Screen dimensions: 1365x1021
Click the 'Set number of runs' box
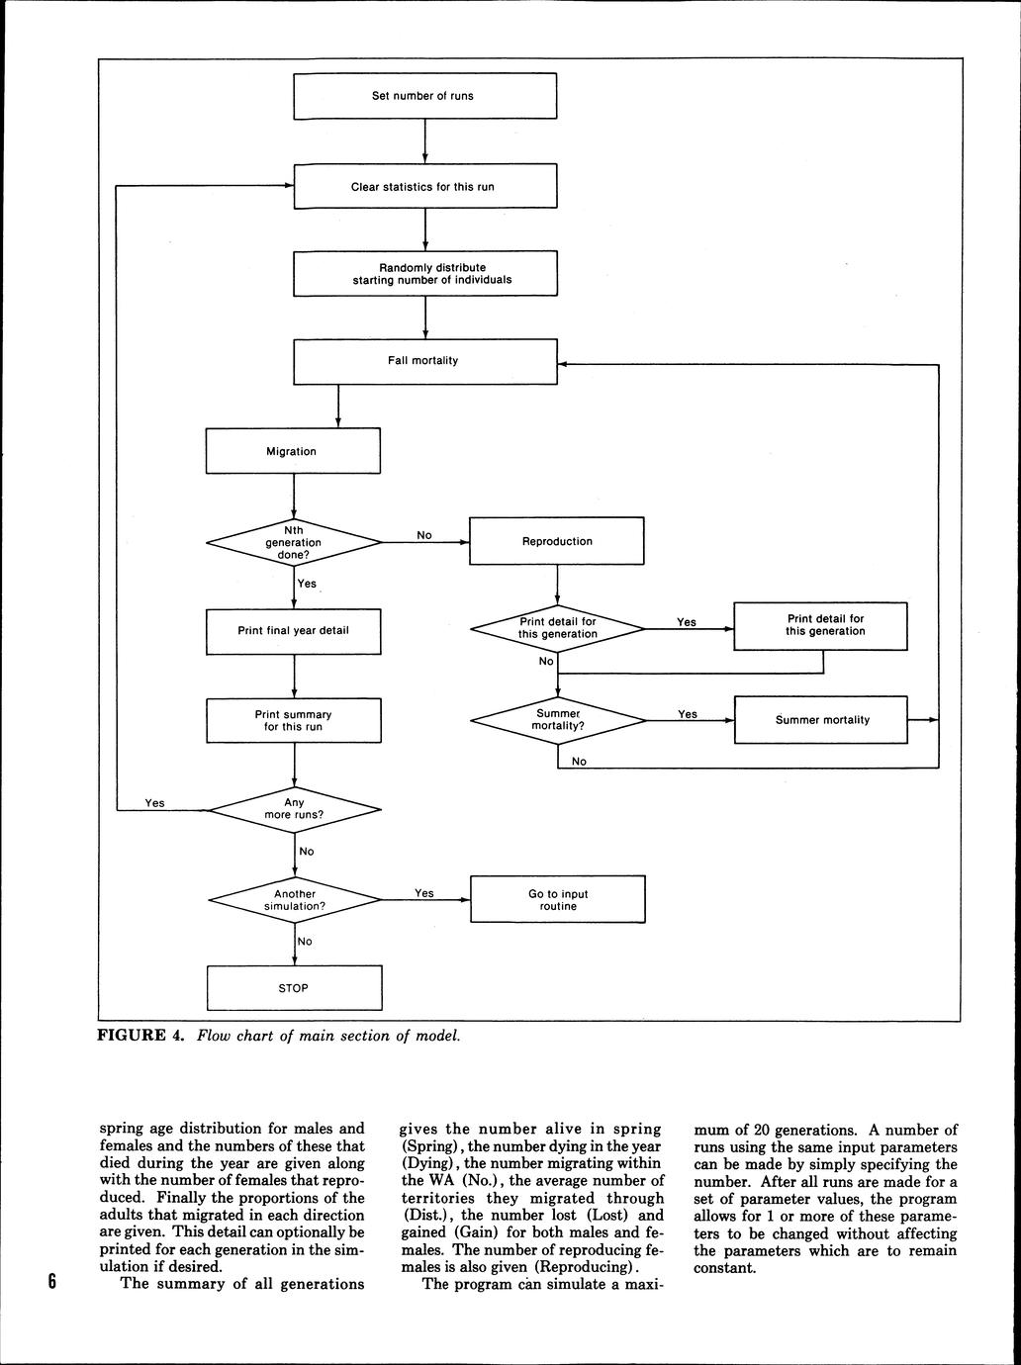(424, 96)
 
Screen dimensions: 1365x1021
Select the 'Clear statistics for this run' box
(424, 186)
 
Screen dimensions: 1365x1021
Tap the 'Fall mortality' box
(424, 361)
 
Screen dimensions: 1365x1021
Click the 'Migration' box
(293, 451)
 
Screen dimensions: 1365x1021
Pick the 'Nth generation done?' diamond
(294, 542)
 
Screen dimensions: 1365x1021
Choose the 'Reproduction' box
(557, 541)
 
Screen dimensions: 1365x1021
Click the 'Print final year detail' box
(293, 631)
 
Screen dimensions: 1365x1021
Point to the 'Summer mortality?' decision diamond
(558, 720)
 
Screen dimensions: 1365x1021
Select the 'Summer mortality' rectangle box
(821, 720)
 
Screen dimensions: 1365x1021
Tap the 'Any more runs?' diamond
(295, 810)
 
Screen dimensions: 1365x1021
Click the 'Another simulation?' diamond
(295, 900)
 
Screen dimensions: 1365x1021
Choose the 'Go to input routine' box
(558, 900)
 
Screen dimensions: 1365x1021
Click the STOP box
(294, 988)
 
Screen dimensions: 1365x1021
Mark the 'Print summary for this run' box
(293, 720)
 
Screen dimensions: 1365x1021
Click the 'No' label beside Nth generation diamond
(424, 535)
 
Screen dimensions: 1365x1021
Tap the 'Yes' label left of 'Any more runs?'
(154, 803)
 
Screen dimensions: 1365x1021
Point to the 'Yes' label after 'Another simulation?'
(424, 893)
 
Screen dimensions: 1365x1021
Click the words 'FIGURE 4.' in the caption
(140, 1037)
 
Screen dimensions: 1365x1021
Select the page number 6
(52, 1283)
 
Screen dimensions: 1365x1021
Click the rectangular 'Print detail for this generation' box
(821, 626)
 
